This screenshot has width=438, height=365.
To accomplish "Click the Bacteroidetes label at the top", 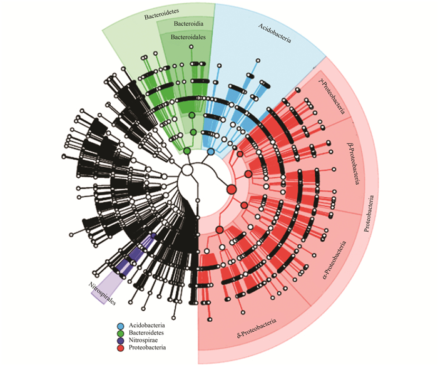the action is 161,14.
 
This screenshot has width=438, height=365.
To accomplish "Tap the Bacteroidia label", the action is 188,23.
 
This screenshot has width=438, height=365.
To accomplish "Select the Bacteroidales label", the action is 188,37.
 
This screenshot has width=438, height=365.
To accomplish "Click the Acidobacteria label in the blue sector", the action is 275,33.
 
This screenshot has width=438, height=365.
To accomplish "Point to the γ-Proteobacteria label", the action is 332,96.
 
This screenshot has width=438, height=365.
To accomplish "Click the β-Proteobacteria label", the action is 353,163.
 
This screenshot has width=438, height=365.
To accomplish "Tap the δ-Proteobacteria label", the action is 257,328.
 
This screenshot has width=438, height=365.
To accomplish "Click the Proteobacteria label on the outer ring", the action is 369,213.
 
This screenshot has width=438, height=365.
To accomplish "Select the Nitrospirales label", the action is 102,294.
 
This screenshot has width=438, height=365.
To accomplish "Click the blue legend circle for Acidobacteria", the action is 120,326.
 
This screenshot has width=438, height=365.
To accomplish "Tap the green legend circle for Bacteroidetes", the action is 120,334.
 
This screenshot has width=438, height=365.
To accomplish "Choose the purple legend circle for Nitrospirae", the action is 120,341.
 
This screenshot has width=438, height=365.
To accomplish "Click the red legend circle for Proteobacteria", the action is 120,348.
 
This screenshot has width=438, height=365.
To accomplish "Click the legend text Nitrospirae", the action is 143,341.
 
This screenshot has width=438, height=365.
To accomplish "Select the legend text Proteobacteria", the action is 147,347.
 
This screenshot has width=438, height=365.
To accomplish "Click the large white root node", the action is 187,170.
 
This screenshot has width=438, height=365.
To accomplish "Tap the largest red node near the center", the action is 232,190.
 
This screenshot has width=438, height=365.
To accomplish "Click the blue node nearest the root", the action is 211,152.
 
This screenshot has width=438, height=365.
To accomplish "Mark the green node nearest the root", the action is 187,152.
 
